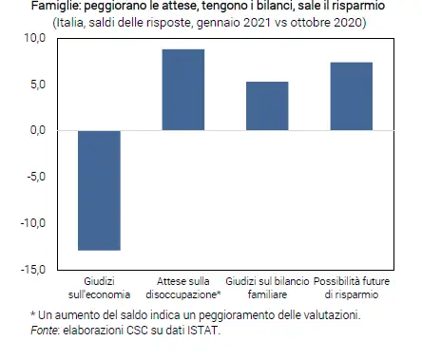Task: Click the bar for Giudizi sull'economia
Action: point(99,190)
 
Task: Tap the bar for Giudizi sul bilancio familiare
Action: point(267,105)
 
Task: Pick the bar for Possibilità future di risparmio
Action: point(351,96)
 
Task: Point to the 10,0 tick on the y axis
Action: point(34,38)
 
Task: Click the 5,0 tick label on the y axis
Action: point(38,85)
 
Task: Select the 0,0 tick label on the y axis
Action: point(38,130)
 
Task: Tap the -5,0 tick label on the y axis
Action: point(36,177)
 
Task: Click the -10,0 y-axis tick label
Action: point(33,223)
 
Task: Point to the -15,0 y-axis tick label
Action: point(33,270)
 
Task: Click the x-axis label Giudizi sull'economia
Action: point(99,288)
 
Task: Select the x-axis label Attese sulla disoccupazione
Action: point(183,288)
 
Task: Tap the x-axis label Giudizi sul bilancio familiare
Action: point(267,288)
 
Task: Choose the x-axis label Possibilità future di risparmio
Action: point(351,288)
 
